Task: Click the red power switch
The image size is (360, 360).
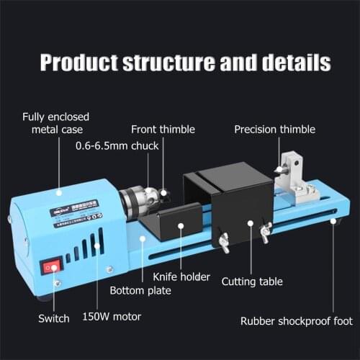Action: pos(50,269)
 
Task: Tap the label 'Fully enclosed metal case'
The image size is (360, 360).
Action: pos(52,122)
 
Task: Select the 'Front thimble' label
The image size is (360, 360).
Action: pos(163,130)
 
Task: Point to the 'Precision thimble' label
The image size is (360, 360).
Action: pos(274,130)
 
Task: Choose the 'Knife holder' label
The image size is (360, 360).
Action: pos(181,276)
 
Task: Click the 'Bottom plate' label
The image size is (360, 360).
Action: pos(140,291)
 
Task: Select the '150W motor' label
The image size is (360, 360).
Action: pos(112,315)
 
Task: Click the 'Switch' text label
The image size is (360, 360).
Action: pos(54,318)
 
